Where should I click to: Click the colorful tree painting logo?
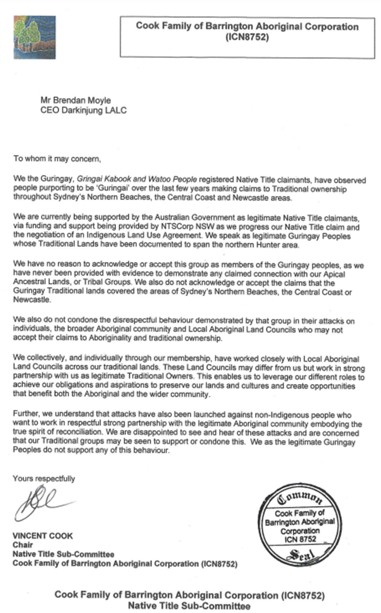[x=35, y=37]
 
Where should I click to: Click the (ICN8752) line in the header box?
[x=247, y=37]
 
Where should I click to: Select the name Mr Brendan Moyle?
[x=76, y=100]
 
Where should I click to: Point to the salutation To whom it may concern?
[x=57, y=159]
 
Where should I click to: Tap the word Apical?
[x=333, y=274]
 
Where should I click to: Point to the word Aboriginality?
[x=110, y=338]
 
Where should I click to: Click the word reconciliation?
[x=76, y=432]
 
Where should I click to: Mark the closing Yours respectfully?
[x=44, y=479]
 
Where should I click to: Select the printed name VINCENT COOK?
[x=43, y=536]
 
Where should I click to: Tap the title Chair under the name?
[x=23, y=545]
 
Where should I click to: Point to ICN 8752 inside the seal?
[x=300, y=539]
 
